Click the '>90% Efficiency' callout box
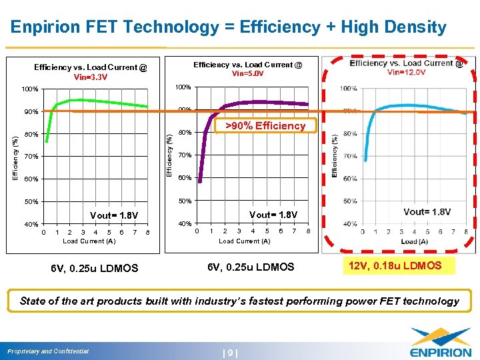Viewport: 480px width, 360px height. [265, 126]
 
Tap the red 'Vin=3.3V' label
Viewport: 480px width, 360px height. [90, 77]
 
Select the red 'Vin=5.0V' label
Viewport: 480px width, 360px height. [247, 74]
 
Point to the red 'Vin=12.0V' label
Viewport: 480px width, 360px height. [406, 73]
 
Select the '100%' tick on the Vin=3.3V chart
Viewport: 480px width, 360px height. [30, 89]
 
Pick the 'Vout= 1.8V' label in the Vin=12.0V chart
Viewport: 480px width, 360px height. [427, 212]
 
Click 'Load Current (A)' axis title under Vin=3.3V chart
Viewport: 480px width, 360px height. [89, 241]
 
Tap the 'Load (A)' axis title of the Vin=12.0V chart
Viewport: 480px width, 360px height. [414, 242]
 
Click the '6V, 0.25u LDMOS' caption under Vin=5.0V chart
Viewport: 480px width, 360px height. [250, 267]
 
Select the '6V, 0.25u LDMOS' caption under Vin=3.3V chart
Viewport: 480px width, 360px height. [94, 269]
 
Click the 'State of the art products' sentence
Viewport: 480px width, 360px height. [239, 301]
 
